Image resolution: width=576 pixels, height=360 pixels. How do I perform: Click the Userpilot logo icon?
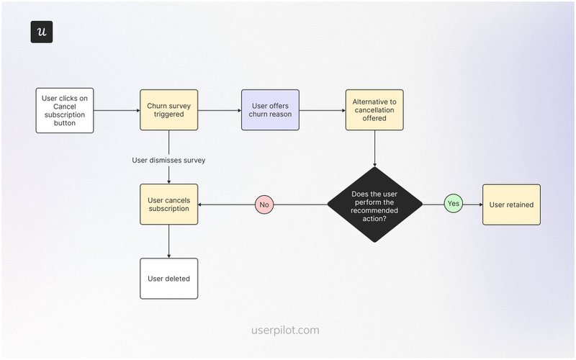pos(42,32)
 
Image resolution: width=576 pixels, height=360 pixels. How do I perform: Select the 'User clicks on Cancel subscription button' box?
pos(65,110)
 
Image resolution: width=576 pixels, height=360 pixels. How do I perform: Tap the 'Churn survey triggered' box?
pos(168,110)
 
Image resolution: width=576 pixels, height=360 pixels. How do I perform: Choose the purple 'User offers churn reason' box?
pos(270,110)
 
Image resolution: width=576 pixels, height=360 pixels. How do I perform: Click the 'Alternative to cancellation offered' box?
pos(374,110)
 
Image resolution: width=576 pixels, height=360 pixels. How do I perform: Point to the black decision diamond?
pos(374,204)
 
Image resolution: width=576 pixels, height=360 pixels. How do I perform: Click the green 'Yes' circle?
pos(453,204)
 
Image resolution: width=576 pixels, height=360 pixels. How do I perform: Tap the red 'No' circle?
pos(264,204)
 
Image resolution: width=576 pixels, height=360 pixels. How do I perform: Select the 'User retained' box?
pos(511,204)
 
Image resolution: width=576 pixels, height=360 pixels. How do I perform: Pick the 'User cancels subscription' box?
pos(168,204)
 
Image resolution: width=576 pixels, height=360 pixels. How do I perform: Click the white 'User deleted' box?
pos(168,278)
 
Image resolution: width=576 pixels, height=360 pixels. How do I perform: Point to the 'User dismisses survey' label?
pos(168,160)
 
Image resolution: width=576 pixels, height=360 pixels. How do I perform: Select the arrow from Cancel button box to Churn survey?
pos(117,110)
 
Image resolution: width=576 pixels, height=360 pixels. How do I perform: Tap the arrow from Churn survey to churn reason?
pos(220,110)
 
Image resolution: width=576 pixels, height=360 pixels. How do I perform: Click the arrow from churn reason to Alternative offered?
pos(322,110)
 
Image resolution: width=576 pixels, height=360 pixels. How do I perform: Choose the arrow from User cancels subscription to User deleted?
pos(168,240)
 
